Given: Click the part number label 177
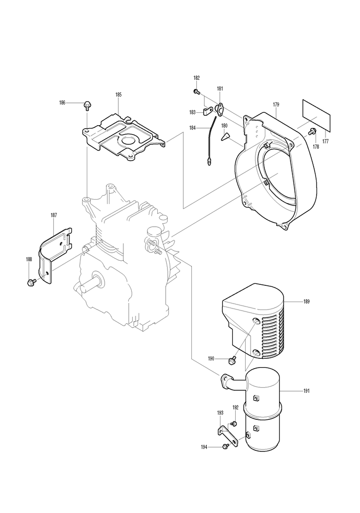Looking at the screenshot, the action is [x=325, y=141].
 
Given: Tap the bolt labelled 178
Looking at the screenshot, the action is [x=311, y=132].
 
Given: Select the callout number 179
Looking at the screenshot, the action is [x=276, y=104].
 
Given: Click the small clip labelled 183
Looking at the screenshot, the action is [x=208, y=112].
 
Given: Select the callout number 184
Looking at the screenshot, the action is [x=192, y=128].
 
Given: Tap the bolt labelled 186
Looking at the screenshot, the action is [x=87, y=105].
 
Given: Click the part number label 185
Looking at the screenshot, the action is [x=118, y=95].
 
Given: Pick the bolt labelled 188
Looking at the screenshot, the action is [x=32, y=281].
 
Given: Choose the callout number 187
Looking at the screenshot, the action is [x=54, y=215].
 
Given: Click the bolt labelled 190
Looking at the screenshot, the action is [x=232, y=360].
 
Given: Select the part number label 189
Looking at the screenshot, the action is [x=306, y=301].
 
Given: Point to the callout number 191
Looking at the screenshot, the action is [x=306, y=391].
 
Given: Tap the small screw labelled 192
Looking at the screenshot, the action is [x=234, y=424].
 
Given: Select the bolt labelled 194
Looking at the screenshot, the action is [x=225, y=446].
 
